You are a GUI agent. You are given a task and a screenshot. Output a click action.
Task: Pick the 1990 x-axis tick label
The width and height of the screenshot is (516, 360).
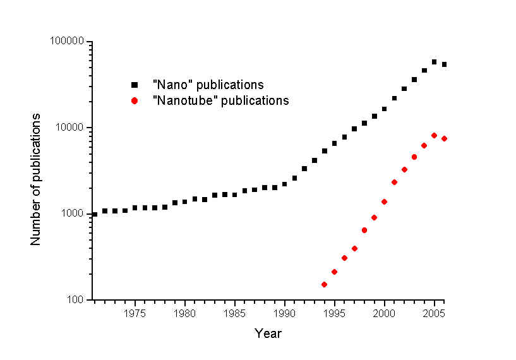284,313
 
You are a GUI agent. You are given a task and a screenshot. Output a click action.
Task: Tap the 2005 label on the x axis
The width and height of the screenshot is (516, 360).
434,313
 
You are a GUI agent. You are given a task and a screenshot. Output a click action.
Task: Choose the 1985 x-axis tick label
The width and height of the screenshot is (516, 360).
234,313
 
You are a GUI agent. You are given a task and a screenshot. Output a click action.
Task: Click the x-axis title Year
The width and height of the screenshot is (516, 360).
268,333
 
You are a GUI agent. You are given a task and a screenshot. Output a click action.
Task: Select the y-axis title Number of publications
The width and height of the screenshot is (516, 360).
36,179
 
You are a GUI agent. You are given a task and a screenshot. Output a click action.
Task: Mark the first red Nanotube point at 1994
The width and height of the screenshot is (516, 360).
324,284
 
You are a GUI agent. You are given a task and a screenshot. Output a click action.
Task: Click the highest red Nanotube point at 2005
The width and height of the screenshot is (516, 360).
434,136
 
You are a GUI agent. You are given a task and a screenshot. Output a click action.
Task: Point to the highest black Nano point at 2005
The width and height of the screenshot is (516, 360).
434,62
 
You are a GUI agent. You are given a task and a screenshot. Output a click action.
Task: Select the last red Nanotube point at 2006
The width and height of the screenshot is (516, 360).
444,139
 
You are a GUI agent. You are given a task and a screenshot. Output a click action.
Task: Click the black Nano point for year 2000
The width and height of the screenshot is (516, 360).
384,109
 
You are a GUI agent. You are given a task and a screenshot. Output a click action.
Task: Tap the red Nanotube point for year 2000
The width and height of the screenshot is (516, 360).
384,201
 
